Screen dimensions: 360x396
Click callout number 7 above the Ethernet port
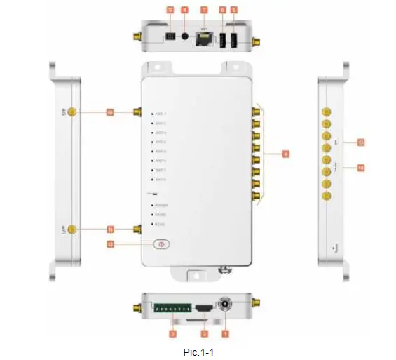[205, 10]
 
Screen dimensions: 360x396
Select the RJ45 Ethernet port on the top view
[205, 38]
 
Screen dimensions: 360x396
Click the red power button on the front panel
[162, 245]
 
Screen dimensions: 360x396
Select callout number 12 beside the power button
[110, 245]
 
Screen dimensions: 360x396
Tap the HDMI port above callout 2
[204, 309]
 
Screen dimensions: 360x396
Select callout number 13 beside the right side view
[362, 143]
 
